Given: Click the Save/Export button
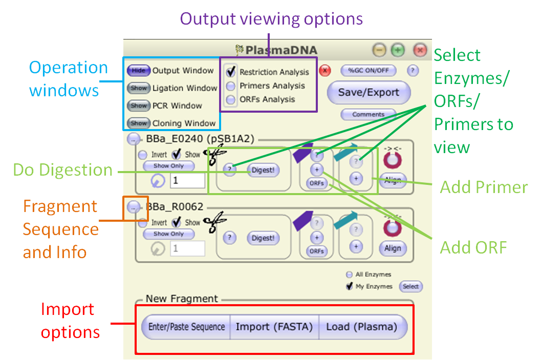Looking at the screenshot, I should tap(369, 93).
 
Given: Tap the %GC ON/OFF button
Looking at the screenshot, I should tap(369, 71).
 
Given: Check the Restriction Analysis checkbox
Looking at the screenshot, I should tap(231, 72).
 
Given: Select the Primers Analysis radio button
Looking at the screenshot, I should tap(231, 86).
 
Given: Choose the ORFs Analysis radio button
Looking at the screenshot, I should tap(231, 99).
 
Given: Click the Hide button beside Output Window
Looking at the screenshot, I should tap(138, 71).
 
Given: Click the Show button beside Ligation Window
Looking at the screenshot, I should tap(138, 88).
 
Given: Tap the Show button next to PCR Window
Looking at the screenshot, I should tap(138, 105).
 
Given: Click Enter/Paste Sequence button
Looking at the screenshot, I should tap(186, 327).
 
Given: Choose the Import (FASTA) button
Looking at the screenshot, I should tap(274, 327).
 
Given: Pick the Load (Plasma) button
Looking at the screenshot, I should tap(362, 327).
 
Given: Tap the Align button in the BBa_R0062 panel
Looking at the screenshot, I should tap(393, 248).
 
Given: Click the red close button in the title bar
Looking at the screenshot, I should tap(420, 50).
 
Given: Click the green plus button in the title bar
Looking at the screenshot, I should tap(398, 50).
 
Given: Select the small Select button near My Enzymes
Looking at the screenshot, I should tap(410, 287).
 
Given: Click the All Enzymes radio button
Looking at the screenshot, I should tap(350, 274).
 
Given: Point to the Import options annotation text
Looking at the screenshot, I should tap(68, 321).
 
